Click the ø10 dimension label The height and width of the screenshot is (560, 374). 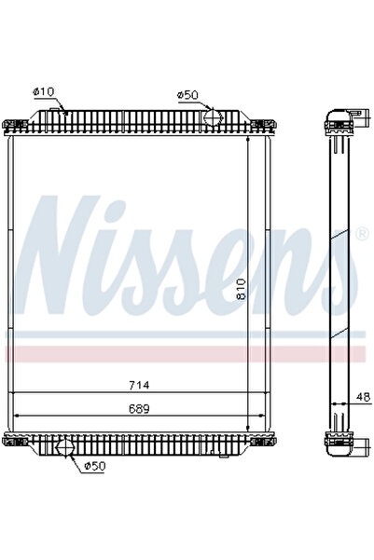coord(45,90)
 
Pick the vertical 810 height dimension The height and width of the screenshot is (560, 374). coord(242,290)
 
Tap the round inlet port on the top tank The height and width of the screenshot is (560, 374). coord(212,119)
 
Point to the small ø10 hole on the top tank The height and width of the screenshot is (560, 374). coord(66,111)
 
